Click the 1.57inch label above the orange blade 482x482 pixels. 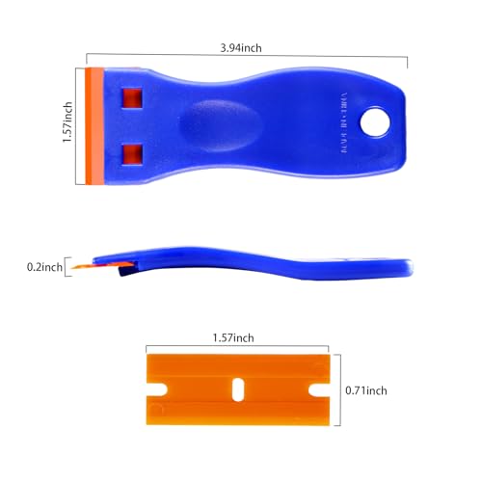coord(234,337)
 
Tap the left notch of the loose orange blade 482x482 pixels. coord(150,390)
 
